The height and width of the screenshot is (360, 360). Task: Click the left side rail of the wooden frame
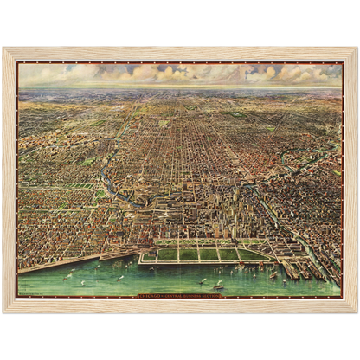point(9,179)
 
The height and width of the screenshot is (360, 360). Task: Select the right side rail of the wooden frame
point(351,179)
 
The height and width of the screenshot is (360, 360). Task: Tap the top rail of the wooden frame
point(180,53)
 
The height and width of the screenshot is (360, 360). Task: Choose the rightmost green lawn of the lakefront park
point(250,254)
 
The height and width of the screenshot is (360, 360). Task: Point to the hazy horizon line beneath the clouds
point(180,87)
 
